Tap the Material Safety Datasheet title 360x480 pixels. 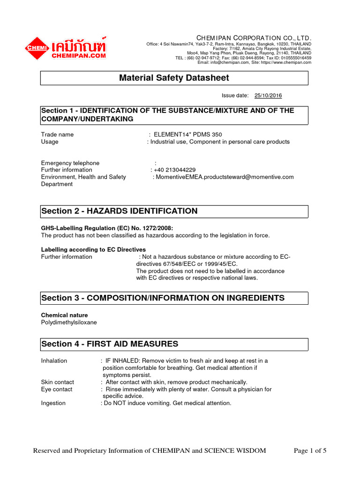[174, 78]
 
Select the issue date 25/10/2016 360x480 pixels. [268, 96]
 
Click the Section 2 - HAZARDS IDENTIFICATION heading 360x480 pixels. [120, 211]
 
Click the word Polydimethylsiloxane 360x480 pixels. [69, 322]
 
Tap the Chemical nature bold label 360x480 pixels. [64, 315]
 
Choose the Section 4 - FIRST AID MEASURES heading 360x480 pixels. [110, 344]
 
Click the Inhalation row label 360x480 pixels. [54, 360]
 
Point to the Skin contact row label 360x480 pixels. [57, 382]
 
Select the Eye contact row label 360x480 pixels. [57, 389]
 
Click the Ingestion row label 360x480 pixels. [53, 403]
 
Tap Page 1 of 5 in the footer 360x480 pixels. [310, 451]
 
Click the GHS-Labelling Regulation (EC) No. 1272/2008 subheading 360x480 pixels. [107, 228]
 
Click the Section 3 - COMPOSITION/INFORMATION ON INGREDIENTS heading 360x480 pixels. [163, 298]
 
